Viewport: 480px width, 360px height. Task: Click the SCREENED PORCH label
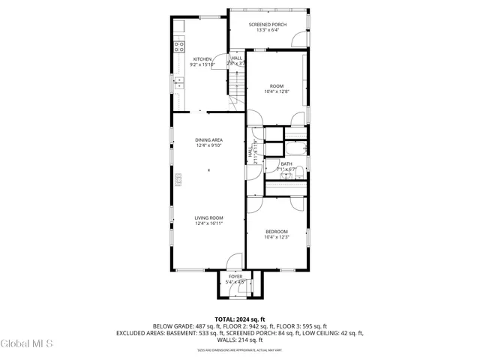click(267, 25)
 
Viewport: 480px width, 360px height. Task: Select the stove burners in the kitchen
click(180, 46)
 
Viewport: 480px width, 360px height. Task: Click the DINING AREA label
click(208, 140)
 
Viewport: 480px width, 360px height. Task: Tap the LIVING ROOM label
click(209, 217)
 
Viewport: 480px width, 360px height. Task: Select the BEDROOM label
click(276, 232)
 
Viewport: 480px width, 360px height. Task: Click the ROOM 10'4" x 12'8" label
click(276, 85)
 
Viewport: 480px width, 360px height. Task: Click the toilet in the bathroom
click(298, 174)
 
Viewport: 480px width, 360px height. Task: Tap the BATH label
click(286, 163)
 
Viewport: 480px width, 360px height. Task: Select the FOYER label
click(235, 277)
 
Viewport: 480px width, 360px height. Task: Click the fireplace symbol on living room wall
click(178, 178)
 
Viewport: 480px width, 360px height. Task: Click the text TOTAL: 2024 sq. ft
click(239, 319)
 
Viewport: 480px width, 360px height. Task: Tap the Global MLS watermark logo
click(27, 343)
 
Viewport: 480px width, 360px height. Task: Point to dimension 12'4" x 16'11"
click(209, 223)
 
